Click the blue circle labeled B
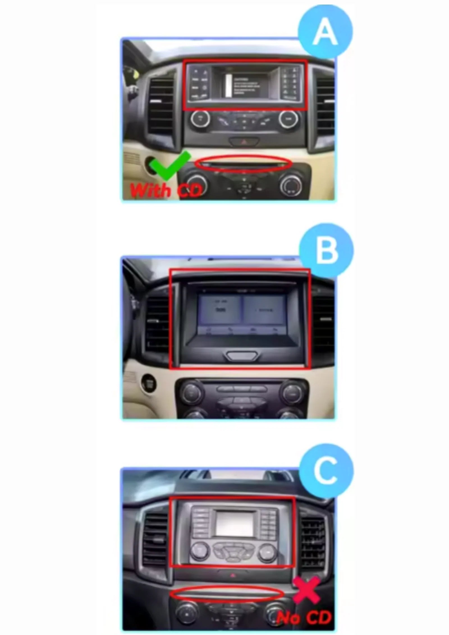tap(326, 251)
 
